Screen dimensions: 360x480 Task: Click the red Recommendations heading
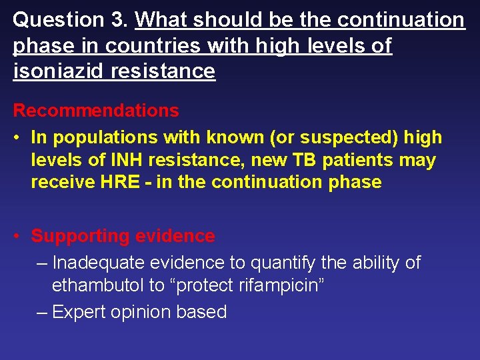pyautogui.click(x=96, y=110)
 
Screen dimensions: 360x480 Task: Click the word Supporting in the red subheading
pyautogui.click(x=81, y=236)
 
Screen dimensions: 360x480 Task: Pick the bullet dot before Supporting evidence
pyautogui.click(x=18, y=236)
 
